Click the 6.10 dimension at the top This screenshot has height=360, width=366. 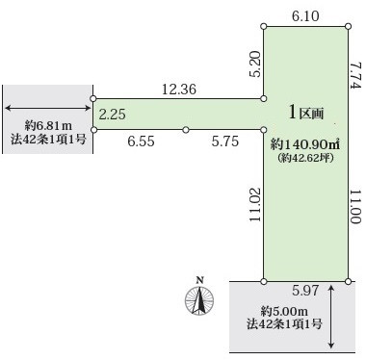pos(305,15)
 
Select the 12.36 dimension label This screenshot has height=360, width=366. pos(179,90)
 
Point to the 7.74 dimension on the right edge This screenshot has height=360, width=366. pos(356,76)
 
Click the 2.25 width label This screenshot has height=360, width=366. pos(112,115)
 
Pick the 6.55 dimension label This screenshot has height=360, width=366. pos(141,141)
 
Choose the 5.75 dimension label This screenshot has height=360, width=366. pos(225,141)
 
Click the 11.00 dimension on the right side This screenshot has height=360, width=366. pos(356,206)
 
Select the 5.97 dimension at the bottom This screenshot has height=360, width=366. pos(305,291)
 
